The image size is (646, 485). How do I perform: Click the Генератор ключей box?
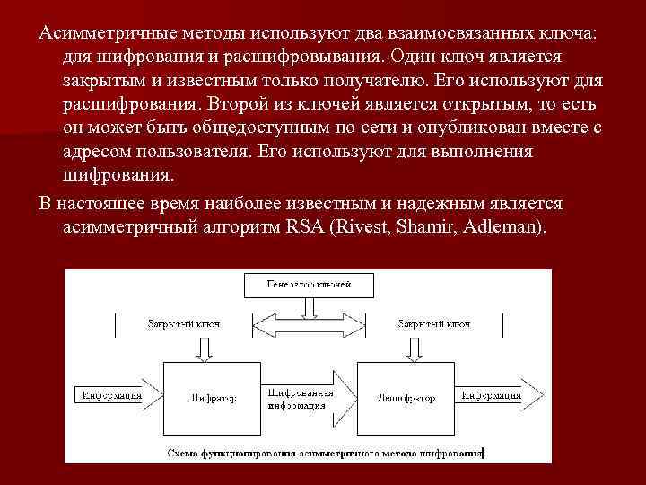click(x=308, y=285)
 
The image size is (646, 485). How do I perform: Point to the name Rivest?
click(x=358, y=226)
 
